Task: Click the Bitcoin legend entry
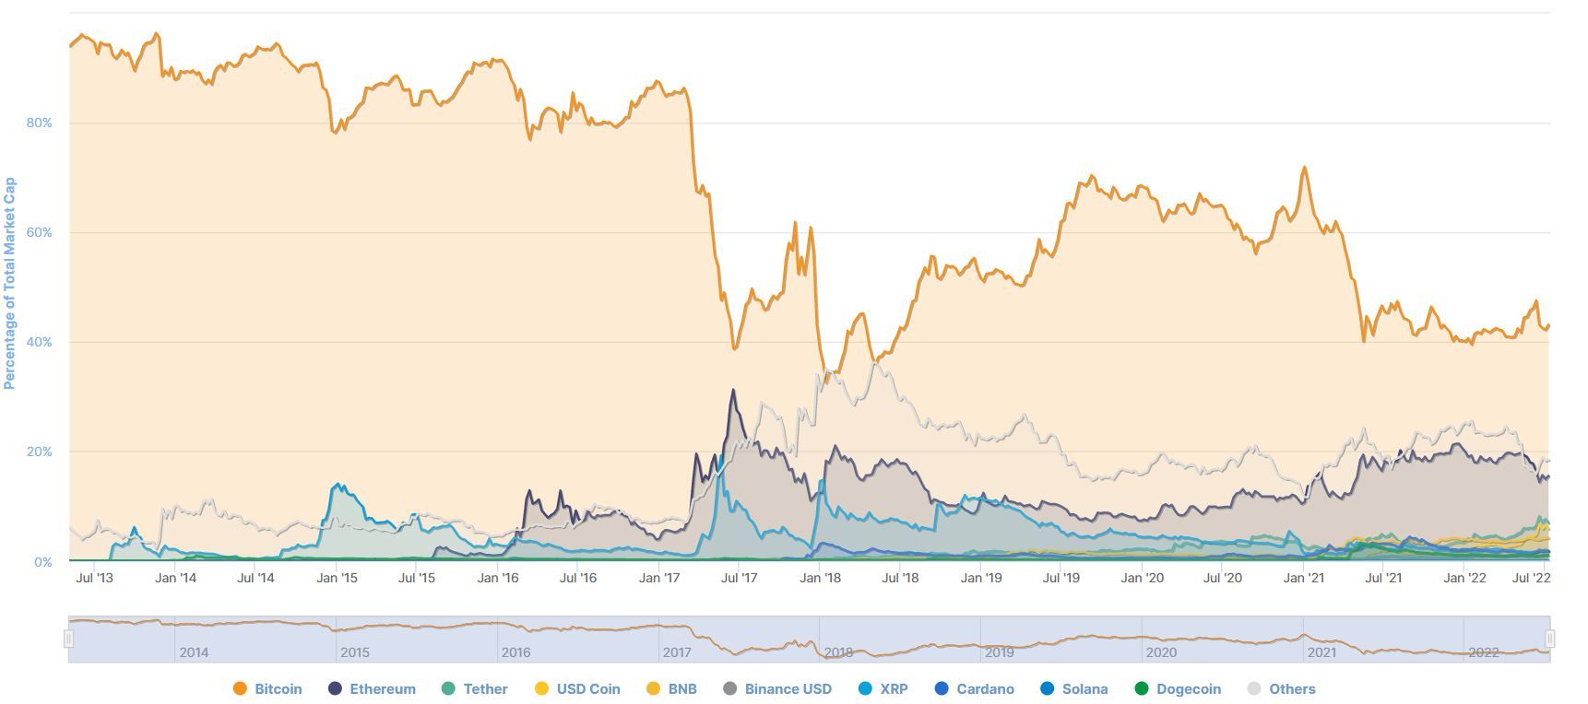coord(268,688)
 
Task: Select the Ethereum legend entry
coord(373,688)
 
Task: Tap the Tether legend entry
coord(475,688)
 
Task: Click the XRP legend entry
coord(883,688)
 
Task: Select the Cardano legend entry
coord(974,688)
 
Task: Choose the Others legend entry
coord(1281,688)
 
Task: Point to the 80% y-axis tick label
coord(39,123)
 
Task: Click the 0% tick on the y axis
coord(42,562)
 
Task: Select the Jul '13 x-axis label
coord(94,579)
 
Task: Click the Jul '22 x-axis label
coord(1533,579)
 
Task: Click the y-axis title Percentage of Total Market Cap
coord(10,284)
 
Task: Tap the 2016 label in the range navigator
coord(516,652)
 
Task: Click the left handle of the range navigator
coord(68,639)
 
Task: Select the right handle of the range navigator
coord(1550,639)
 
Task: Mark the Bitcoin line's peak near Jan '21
coord(1304,168)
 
